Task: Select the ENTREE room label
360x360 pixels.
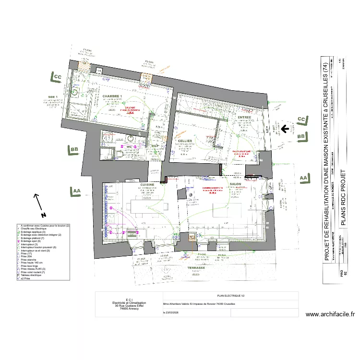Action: [x=244, y=117]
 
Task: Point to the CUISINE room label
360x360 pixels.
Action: [x=147, y=184]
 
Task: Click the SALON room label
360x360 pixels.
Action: [x=235, y=184]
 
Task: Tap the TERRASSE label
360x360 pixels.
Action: [x=196, y=268]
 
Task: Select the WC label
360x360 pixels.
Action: [x=129, y=147]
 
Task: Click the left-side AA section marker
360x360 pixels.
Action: [x=76, y=191]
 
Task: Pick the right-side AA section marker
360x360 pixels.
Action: [x=302, y=178]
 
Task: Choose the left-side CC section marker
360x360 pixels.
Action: [x=57, y=77]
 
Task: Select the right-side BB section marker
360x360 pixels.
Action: [x=301, y=137]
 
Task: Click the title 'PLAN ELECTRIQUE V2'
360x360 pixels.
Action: [x=230, y=296]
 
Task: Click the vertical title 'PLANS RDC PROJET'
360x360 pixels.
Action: [x=343, y=197]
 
